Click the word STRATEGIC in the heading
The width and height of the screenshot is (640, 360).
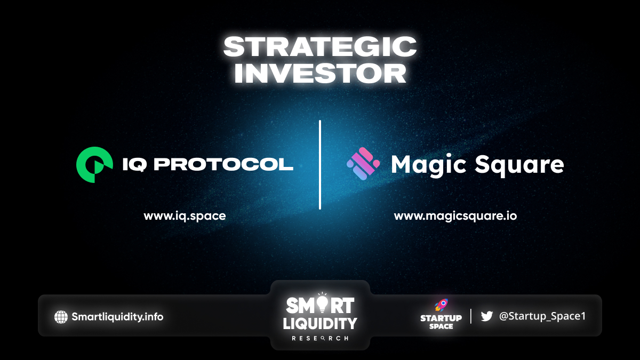coord(319,47)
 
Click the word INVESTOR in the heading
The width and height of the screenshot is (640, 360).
coord(320,74)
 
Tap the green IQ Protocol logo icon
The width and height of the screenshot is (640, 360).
coord(94,165)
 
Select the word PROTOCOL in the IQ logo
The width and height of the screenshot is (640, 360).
coord(223,165)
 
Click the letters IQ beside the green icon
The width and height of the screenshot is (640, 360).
coord(134,165)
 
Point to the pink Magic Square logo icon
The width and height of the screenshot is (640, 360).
coord(363,164)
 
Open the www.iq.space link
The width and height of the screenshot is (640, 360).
coord(185,216)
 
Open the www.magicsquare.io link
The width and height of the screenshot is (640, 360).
coord(455,216)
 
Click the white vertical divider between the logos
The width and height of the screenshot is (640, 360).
coord(320,165)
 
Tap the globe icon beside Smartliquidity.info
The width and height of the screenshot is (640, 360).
coord(61,317)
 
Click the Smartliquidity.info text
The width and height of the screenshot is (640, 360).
coord(117,317)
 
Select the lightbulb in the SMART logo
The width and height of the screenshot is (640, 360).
coord(322,303)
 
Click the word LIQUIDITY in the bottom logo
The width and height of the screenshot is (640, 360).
coord(320,324)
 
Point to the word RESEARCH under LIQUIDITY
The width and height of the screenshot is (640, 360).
coord(320,339)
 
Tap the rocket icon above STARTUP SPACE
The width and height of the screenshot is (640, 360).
coord(442,305)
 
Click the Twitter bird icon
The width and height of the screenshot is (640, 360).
coord(486,316)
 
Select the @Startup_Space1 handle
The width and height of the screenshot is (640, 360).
coord(542,316)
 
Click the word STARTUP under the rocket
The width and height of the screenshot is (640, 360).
coord(441,318)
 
